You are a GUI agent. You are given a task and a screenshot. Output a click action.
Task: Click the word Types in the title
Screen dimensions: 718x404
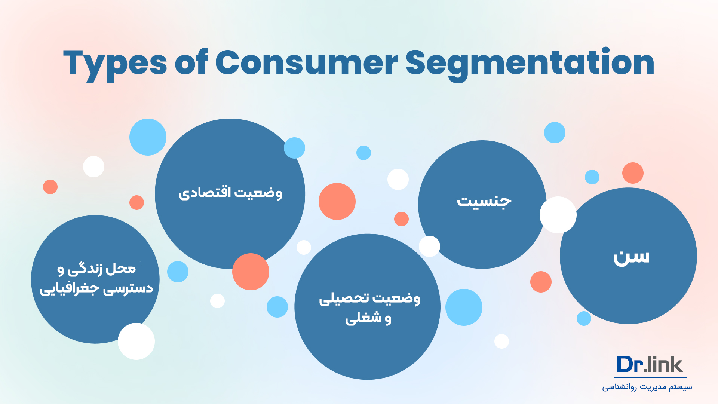pos(115,64)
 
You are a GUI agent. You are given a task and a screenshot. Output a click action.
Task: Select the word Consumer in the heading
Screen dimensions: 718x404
pos(307,62)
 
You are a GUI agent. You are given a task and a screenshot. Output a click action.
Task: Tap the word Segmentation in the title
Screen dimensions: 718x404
pos(530,64)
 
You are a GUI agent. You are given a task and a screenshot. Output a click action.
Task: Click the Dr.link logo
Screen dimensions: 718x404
pos(650,364)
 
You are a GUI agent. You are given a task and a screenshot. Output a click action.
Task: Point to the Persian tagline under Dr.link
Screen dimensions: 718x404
pos(647,387)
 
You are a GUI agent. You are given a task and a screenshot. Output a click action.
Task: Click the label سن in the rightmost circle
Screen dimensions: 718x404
pos(631,257)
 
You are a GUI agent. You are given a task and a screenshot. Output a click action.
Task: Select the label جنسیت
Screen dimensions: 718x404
pos(484,202)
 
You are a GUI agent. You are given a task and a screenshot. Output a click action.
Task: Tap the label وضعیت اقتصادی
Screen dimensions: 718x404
pos(230,193)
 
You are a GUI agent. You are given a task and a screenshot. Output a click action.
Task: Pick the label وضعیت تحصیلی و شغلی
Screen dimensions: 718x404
pos(369,308)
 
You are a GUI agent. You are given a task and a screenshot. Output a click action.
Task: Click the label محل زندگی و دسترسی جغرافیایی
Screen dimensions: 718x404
pos(96,279)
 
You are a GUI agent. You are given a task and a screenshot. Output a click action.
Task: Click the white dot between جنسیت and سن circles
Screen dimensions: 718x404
pos(558,215)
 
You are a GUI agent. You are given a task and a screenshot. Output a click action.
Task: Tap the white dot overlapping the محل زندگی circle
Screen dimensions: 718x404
pos(136,341)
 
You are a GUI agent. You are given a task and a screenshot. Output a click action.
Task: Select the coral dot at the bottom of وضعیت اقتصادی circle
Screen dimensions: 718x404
pos(251,272)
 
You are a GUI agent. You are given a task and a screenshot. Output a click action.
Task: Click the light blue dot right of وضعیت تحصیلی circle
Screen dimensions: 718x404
pos(464,307)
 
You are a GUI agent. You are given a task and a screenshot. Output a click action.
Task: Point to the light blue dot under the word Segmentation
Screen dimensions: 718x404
pos(555,132)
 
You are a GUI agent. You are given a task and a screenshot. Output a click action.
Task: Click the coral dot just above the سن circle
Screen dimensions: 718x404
pos(633,173)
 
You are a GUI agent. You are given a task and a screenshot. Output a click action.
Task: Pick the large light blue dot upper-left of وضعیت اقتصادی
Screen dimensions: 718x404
pos(148,137)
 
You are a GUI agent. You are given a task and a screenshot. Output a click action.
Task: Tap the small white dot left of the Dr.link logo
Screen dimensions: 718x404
pos(501,341)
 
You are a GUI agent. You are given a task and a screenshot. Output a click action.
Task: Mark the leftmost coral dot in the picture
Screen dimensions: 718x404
pos(50,187)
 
